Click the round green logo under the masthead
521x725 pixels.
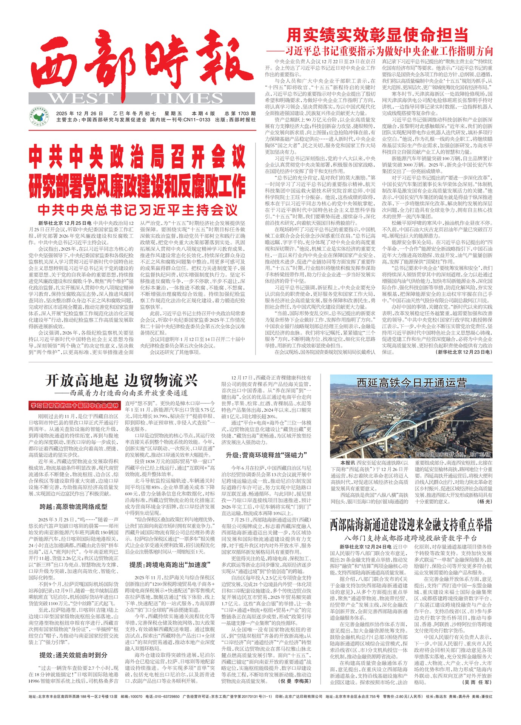(39, 117)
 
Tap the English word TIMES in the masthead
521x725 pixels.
(187, 98)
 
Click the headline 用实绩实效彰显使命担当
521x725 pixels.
(377, 35)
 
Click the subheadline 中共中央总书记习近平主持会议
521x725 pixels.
(137, 210)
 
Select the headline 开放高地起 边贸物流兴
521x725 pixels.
(122, 380)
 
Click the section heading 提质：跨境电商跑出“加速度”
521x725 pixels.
(170, 564)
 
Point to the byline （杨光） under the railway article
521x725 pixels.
(485, 501)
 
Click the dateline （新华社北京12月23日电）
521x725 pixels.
(464, 352)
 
